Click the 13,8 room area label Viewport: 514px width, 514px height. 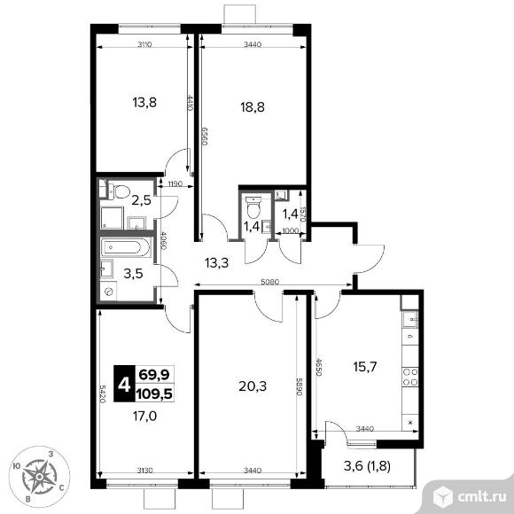pyautogui.click(x=144, y=103)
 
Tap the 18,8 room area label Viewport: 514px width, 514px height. pyautogui.click(x=253, y=107)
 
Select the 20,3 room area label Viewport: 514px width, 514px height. pyautogui.click(x=253, y=386)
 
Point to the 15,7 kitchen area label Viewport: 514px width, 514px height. pyautogui.click(x=365, y=367)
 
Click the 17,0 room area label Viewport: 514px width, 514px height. pyautogui.click(x=144, y=417)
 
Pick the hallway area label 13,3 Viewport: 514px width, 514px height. pyautogui.click(x=217, y=262)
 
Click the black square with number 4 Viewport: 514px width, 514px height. pyautogui.click(x=124, y=384)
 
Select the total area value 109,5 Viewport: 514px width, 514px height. pyautogui.click(x=154, y=393)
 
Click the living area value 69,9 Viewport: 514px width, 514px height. pyautogui.click(x=154, y=374)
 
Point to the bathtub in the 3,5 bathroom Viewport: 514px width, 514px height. pyautogui.click(x=126, y=246)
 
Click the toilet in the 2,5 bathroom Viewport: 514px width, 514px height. pyautogui.click(x=120, y=191)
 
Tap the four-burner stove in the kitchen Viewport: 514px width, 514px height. pyautogui.click(x=410, y=378)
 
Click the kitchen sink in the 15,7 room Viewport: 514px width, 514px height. pyautogui.click(x=410, y=319)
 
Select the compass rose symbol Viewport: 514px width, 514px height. pyautogui.click(x=39, y=477)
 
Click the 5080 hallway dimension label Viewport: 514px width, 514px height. pyautogui.click(x=269, y=282)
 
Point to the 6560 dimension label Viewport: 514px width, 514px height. pyautogui.click(x=205, y=136)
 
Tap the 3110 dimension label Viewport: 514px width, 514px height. pyautogui.click(x=144, y=44)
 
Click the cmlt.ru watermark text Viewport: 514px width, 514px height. pyautogui.click(x=481, y=498)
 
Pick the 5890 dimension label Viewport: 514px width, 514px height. pyautogui.click(x=299, y=386)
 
